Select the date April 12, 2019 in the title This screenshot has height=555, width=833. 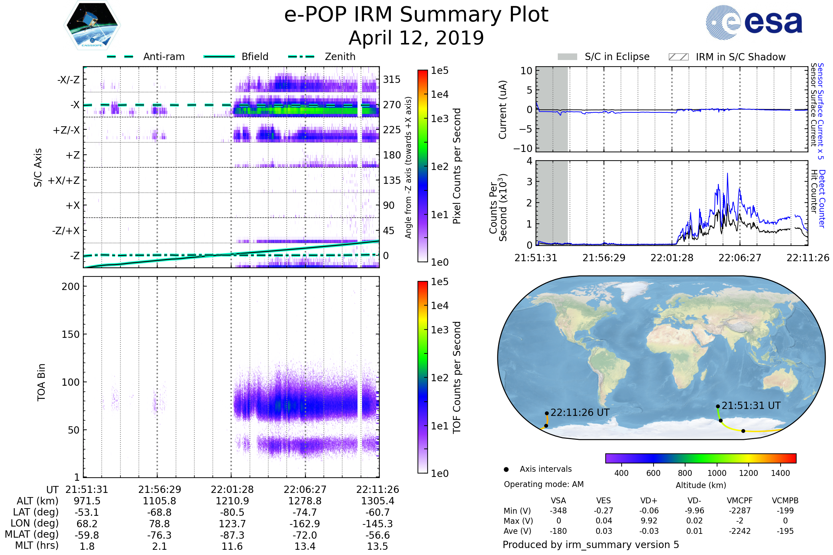pos(416,38)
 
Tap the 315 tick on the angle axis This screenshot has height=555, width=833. pos(392,79)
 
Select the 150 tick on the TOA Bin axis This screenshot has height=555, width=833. pos(70,334)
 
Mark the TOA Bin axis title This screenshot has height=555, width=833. pos(41,382)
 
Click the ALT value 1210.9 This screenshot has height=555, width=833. pos(232,501)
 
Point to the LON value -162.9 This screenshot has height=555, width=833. pos(305,524)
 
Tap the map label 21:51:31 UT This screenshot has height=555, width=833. pos(751,405)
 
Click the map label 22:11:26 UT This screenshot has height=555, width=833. pos(580,413)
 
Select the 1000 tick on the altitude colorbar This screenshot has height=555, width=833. pos(716,473)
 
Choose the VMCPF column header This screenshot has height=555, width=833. pos(740,501)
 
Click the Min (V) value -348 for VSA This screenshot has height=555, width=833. pos(558,511)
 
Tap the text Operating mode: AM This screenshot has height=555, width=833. pos(544,484)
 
